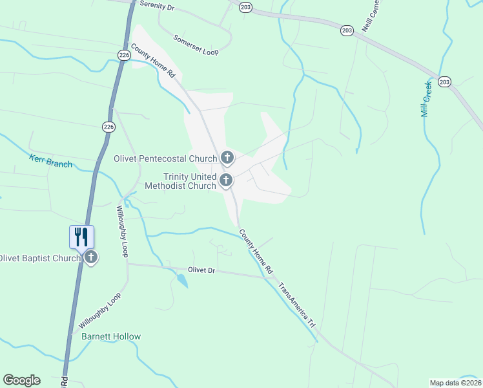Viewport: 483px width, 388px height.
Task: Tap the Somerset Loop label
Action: [196, 45]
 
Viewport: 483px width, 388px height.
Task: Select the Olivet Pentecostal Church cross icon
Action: [227, 157]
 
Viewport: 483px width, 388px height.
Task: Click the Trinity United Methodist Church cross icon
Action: [226, 180]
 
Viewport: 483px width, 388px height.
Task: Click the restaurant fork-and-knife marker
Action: [81, 236]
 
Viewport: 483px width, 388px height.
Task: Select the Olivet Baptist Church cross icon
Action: [91, 257]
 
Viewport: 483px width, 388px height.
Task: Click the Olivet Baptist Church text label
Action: [40, 258]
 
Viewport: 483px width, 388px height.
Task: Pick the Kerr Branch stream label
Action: [51, 160]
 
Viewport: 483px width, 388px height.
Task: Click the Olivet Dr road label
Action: [201, 270]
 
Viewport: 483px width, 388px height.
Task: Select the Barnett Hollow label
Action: [110, 336]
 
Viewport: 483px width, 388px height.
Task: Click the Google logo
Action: [21, 380]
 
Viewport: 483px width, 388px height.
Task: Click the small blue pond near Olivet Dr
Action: [182, 280]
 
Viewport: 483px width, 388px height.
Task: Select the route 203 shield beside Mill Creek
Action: [444, 81]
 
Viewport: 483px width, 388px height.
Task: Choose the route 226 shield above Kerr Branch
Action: [108, 127]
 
